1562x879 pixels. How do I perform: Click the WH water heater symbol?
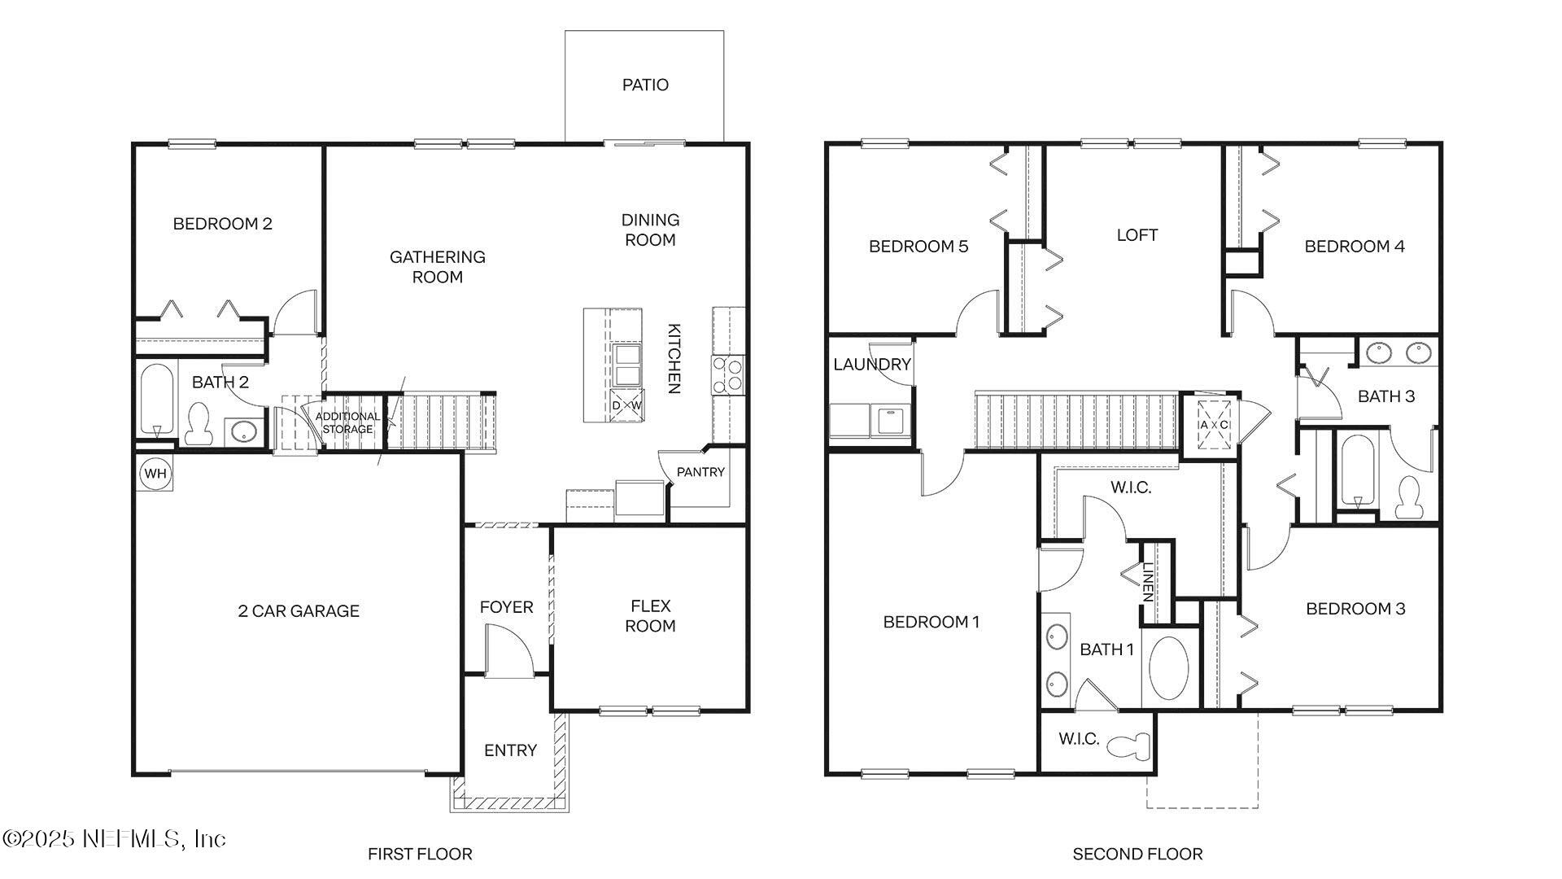coord(155,473)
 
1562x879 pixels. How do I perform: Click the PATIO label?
coord(645,85)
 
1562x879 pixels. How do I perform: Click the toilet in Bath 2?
coord(198,424)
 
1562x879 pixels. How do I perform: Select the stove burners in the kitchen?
coord(726,374)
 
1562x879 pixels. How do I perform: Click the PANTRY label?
coord(700,472)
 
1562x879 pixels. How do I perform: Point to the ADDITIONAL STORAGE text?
coord(347,422)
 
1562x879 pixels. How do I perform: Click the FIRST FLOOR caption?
coord(420,854)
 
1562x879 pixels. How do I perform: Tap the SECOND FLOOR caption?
coord(1137,854)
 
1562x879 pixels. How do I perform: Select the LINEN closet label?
coord(1147,582)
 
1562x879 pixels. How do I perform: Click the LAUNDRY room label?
coord(871,364)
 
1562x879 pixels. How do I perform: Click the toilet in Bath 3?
coord(1407,498)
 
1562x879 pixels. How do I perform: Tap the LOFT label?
coord(1137,235)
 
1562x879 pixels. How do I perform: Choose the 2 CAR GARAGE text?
coord(298,611)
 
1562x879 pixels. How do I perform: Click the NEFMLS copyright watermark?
coord(114,838)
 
